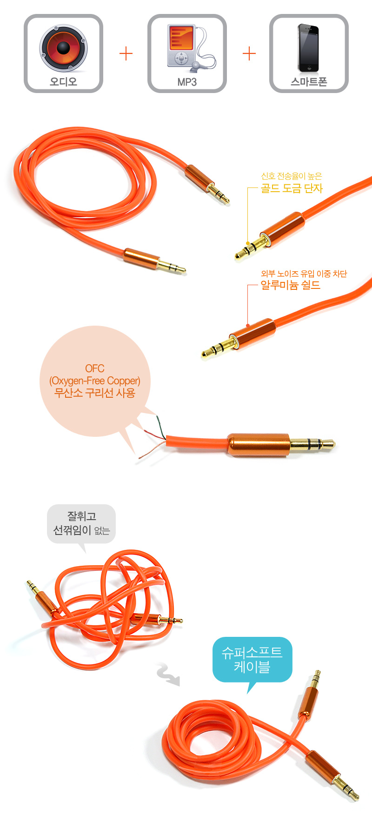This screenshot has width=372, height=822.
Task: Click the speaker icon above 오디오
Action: (x=63, y=48)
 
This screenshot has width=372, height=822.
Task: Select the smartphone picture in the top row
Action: (x=308, y=48)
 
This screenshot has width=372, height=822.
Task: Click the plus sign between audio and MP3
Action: (x=126, y=54)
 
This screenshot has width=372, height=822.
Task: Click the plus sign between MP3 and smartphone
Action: (x=249, y=54)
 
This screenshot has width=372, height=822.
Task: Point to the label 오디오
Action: (x=63, y=82)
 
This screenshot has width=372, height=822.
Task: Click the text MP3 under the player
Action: (x=187, y=82)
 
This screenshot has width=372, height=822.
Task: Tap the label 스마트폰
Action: (x=309, y=82)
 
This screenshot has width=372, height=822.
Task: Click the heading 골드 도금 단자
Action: (x=292, y=188)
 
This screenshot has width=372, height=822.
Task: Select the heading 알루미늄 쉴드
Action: (x=291, y=285)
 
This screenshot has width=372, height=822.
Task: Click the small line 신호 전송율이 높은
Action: (x=292, y=176)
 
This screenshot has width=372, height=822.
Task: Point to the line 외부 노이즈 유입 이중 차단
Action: (x=304, y=274)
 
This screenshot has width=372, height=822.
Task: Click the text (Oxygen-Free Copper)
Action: (x=95, y=381)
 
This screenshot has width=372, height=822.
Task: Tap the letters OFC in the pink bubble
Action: (x=95, y=368)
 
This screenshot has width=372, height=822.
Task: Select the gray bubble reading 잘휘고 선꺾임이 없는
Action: (x=81, y=524)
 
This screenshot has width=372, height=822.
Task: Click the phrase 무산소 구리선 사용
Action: (x=95, y=393)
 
